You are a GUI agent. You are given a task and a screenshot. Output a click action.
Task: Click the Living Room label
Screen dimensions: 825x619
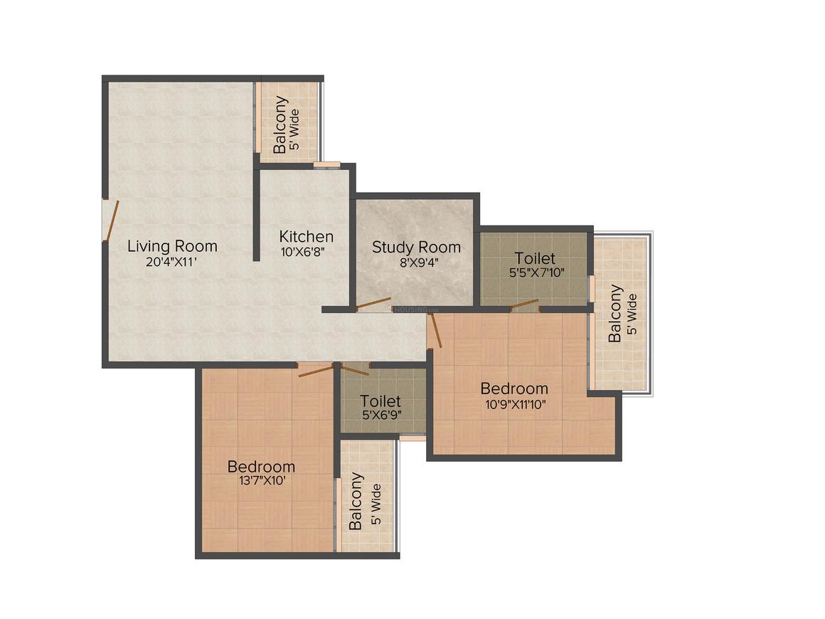pos(173,245)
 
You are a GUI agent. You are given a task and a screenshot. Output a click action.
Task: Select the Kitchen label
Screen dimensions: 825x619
pos(307,237)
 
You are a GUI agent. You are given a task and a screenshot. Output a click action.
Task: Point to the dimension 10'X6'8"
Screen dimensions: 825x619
pos(302,252)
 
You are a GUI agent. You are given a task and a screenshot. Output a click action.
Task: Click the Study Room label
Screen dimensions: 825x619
pos(416,247)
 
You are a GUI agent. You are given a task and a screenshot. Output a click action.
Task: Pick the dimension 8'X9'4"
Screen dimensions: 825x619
pos(420,262)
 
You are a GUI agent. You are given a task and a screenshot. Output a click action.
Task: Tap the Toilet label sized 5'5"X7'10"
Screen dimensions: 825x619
pos(535,258)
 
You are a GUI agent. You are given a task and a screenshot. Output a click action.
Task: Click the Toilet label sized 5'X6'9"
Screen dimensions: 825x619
pos(380,401)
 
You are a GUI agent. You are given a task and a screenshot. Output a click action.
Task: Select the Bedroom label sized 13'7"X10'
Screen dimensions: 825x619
pos(261,466)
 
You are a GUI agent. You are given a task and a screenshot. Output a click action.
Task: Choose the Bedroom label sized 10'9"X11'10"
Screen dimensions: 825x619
pos(514,388)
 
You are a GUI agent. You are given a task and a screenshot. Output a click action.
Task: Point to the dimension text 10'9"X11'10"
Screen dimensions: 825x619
pos(516,404)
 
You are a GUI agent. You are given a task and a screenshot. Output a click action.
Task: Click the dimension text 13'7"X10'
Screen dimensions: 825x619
pos(262,480)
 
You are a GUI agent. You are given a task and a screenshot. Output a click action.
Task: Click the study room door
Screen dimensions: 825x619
pos(373,304)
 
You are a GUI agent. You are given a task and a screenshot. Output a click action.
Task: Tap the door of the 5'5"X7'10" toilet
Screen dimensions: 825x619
pos(525,305)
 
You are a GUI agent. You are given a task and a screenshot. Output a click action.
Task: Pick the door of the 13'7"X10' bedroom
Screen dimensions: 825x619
pos(316,370)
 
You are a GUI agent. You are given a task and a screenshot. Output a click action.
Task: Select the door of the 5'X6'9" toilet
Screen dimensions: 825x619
pos(355,369)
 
